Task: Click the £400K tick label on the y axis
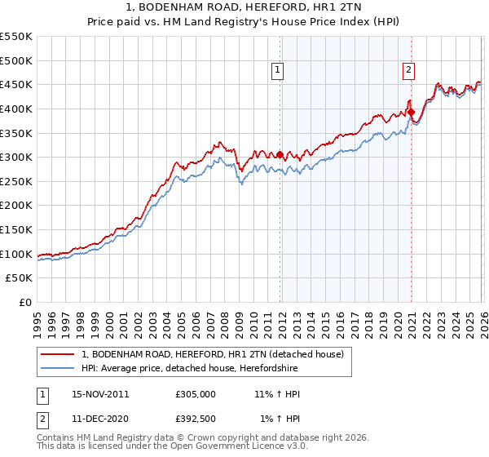[x=16, y=109]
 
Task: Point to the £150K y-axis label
[x=16, y=230]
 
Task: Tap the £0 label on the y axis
[x=24, y=303]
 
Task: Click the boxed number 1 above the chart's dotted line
[x=279, y=70]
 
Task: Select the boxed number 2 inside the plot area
[x=408, y=70]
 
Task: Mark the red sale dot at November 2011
[x=280, y=154]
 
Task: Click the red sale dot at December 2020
[x=411, y=112]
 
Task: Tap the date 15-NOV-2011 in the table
[x=100, y=394]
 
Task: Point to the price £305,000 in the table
[x=195, y=394]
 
